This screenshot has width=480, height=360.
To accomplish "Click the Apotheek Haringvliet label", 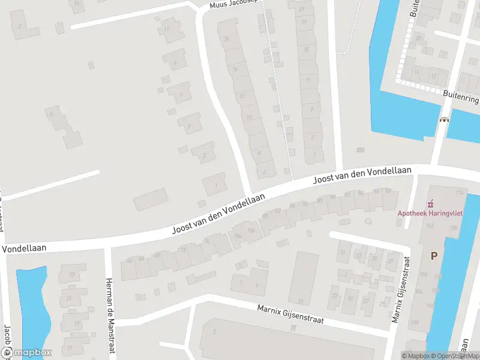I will (427, 212).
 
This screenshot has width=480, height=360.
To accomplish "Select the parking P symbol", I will (434, 256).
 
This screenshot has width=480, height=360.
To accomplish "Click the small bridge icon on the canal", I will (445, 119).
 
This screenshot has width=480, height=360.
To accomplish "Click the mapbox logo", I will (26, 353).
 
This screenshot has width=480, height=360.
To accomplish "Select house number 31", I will (343, 252).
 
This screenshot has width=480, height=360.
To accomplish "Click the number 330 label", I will (360, 150).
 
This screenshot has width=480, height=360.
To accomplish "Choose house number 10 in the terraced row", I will (248, 118).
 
